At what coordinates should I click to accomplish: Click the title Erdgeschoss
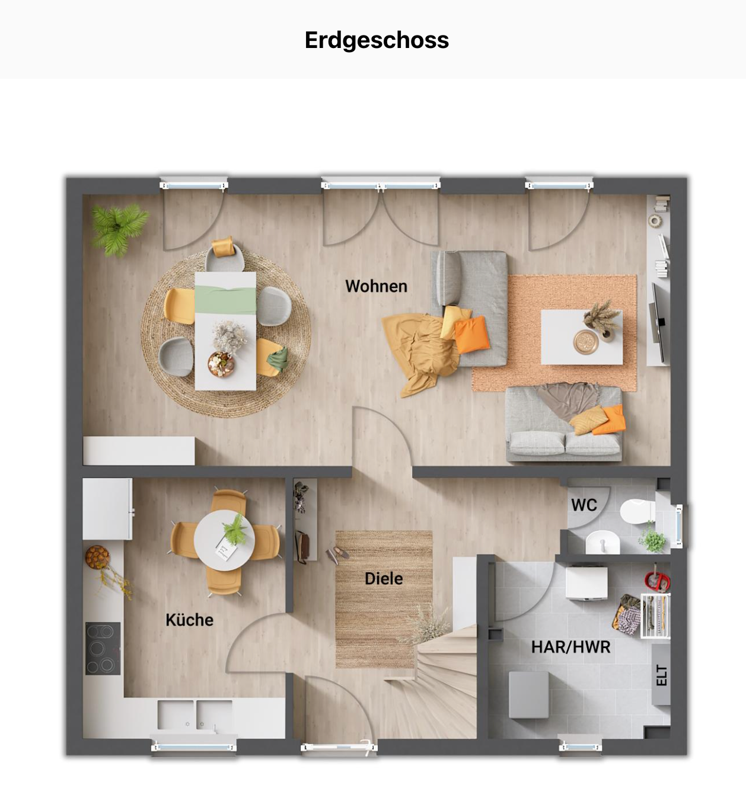tap(377, 40)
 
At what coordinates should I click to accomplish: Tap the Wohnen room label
tap(376, 286)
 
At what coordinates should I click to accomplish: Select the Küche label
tap(189, 620)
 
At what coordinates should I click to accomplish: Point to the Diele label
tap(384, 578)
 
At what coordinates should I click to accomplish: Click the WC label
tap(584, 505)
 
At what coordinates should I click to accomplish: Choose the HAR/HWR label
tap(570, 647)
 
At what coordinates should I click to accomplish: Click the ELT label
tap(662, 675)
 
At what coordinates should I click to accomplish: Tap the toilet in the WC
tap(637, 512)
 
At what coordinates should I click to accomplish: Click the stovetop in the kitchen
tap(103, 648)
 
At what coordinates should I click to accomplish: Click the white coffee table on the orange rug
tap(581, 337)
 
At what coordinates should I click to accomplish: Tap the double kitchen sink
tap(195, 715)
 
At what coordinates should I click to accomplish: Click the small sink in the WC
tap(602, 542)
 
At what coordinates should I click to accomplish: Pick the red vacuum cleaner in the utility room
tap(657, 579)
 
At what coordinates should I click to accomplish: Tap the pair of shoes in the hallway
tap(337, 555)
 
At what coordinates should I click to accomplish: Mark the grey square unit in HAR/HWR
tap(528, 694)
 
